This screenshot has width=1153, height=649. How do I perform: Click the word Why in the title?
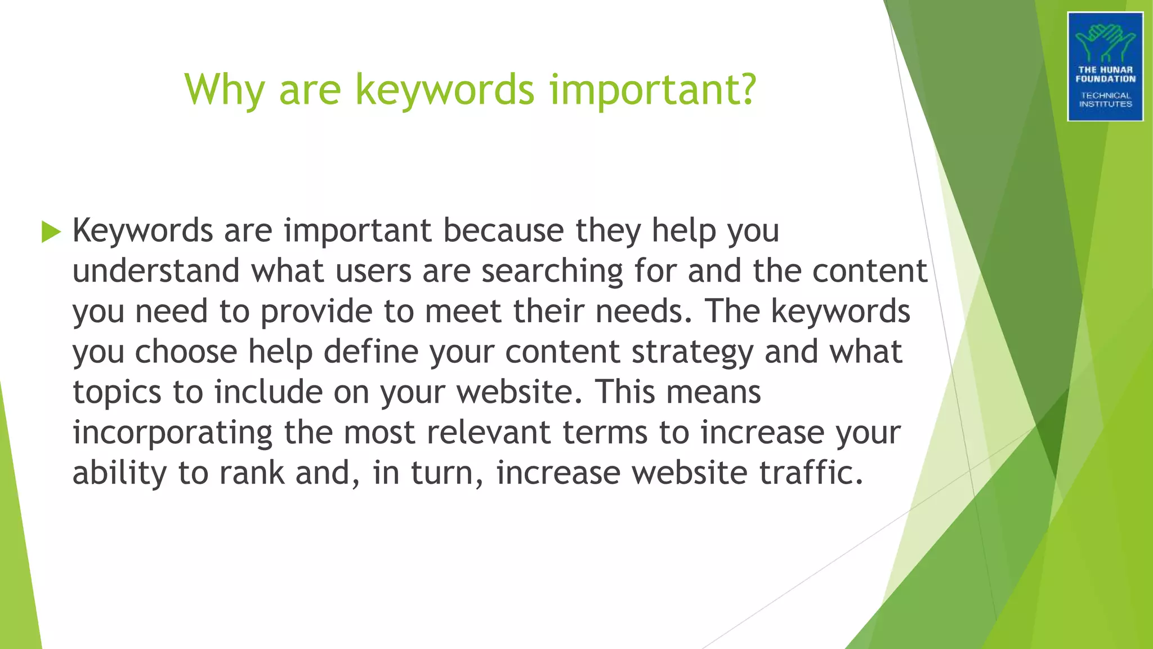(225, 90)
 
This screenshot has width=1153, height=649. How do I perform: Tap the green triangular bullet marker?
(51, 232)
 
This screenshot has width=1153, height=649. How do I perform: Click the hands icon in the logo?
(1105, 42)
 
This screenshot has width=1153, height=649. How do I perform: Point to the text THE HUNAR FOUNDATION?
(1105, 74)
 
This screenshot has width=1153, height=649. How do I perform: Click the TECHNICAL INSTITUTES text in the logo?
(1105, 100)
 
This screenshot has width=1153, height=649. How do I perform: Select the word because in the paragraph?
(503, 230)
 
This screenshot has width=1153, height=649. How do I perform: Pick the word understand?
(156, 271)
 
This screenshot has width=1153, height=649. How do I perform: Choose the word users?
(374, 271)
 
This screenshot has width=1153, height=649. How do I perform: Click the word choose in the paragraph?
(186, 352)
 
